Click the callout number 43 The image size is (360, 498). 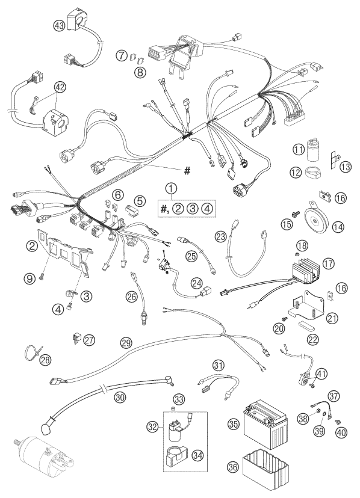tap(60, 25)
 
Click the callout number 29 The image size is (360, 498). tap(126, 343)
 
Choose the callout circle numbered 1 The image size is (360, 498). tap(171, 189)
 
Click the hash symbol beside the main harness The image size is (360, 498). tap(187, 171)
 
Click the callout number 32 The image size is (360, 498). tap(153, 427)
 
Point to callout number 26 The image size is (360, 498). tap(132, 297)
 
